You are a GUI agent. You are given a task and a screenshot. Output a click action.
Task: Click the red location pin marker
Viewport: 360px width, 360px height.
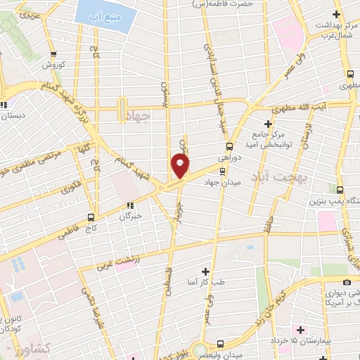(x=181, y=166)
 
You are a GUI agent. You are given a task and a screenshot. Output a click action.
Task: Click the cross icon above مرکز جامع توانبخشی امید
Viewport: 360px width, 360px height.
(x=268, y=123)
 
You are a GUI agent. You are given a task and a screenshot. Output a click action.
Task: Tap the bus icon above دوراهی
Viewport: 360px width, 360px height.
(x=229, y=147)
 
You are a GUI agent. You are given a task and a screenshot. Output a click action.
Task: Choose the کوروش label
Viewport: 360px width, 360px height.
(x=53, y=65)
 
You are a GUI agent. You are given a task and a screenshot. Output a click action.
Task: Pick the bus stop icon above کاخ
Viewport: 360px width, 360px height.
(x=91, y=217)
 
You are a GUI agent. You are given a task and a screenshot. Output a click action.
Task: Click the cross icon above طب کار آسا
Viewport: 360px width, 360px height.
(x=205, y=271)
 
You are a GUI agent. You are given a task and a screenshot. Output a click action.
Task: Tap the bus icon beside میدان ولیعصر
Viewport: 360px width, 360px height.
(x=221, y=344)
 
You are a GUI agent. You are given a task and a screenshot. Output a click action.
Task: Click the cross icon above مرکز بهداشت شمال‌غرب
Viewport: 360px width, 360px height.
(x=336, y=14)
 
